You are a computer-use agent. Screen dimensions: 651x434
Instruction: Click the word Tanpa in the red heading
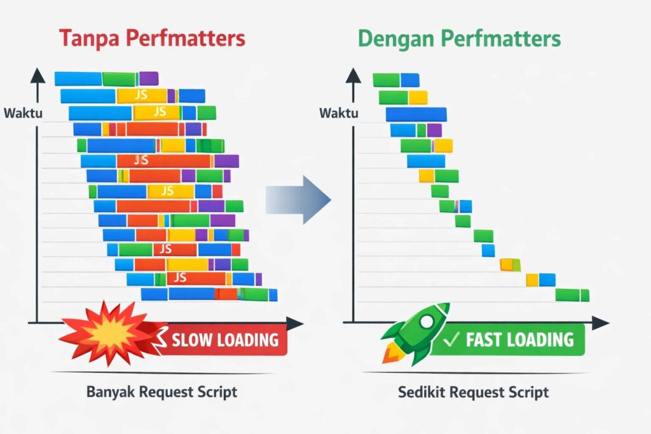89,38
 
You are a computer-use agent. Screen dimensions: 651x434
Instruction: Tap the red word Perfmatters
185,38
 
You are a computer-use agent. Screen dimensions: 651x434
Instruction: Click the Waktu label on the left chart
24,113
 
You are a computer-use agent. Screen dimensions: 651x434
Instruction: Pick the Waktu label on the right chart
339,113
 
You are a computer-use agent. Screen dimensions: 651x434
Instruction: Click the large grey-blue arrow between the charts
298,200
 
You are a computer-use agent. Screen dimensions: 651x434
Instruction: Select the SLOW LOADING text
225,340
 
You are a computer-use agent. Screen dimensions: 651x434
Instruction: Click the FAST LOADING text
520,340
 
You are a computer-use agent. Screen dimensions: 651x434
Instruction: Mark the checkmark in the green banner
451,340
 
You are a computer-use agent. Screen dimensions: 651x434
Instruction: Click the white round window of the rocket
427,322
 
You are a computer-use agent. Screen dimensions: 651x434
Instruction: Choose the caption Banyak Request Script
162,392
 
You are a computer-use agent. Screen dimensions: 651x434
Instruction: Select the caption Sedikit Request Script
473,392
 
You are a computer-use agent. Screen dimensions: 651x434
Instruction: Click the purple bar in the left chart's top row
149,78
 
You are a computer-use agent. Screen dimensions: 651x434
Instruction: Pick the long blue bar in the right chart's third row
416,114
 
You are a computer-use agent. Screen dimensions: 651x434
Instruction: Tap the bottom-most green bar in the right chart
572,295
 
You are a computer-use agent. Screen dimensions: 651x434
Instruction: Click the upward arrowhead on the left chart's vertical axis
38,76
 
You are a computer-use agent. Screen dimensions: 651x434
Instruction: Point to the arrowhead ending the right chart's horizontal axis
601,322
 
